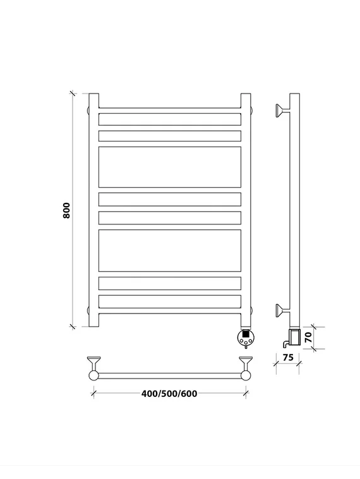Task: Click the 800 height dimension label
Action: tap(66, 210)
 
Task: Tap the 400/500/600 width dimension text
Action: tap(169, 394)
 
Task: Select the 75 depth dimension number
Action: tap(287, 357)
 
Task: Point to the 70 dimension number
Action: tap(308, 337)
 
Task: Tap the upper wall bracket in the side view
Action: tap(282, 111)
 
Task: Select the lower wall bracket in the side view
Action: tap(282, 311)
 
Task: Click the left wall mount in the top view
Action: tap(93, 363)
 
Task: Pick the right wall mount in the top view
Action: tap(246, 363)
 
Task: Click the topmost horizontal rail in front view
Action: tap(170, 111)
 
